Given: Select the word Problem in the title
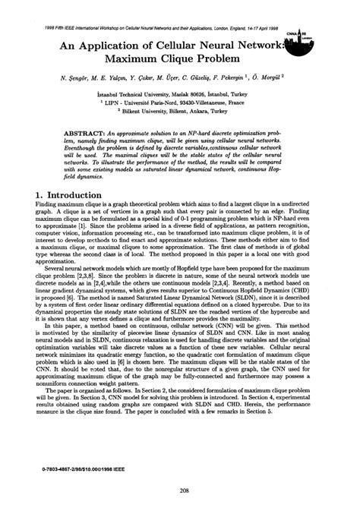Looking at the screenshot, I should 224,58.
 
